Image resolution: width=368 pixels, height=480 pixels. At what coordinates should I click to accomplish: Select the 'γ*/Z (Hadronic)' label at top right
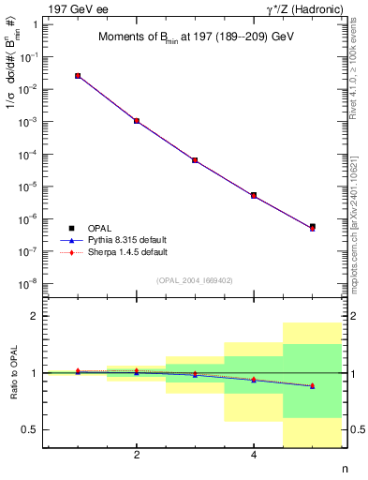pos(301,8)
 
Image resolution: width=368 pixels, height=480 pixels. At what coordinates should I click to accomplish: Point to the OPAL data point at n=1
pos(78,76)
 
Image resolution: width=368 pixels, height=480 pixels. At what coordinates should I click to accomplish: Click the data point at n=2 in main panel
pos(137,121)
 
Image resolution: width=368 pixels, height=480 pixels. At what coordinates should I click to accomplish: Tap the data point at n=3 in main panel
pos(195,160)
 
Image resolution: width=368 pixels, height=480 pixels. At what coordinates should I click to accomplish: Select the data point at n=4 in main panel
pos(254,196)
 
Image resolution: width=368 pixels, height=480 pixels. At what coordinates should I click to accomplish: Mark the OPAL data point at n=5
pos(312,227)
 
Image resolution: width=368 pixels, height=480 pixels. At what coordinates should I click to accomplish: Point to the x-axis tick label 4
pos(254,456)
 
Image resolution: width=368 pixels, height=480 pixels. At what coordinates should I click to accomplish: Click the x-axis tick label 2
pos(137,456)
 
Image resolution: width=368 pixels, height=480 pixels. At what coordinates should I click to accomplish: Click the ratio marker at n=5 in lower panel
pos(312,385)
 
